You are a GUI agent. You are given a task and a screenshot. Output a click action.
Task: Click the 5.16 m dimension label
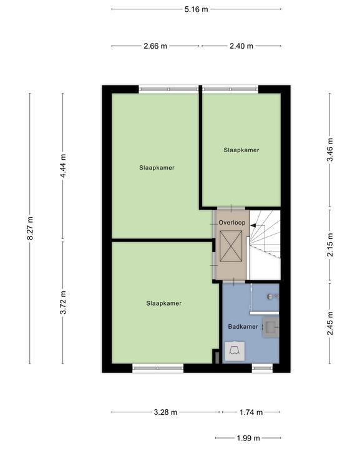[196, 9]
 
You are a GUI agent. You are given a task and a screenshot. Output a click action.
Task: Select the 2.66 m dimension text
[155, 46]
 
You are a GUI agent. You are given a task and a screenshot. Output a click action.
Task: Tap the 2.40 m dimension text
[241, 46]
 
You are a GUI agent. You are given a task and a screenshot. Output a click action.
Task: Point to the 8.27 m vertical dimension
[30, 228]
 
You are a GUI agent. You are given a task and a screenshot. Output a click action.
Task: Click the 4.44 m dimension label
[63, 165]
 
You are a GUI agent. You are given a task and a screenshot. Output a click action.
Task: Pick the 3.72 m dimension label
[63, 303]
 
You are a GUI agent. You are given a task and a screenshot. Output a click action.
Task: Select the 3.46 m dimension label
[330, 150]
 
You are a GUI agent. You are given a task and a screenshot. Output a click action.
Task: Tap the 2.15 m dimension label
[330, 244]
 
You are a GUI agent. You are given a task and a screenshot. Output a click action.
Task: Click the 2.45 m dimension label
[330, 323]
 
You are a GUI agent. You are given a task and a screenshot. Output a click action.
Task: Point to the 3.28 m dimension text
[165, 412]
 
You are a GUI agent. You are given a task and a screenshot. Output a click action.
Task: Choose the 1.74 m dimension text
[251, 412]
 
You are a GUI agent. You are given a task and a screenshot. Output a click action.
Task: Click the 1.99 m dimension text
[248, 438]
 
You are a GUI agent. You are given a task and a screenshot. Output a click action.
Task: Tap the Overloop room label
[232, 222]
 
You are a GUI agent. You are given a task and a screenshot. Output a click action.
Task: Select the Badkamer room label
[243, 326]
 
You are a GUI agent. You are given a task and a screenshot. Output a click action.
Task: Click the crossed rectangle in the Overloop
[231, 246]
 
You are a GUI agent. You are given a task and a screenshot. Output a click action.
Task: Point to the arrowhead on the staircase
[253, 226]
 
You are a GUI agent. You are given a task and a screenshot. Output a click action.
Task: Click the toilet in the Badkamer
[235, 351]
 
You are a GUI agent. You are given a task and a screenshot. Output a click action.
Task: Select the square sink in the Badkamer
[271, 327]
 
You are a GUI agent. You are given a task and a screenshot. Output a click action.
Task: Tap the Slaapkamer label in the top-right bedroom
[241, 150]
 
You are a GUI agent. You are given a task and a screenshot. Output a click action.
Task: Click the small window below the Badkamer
[262, 368]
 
